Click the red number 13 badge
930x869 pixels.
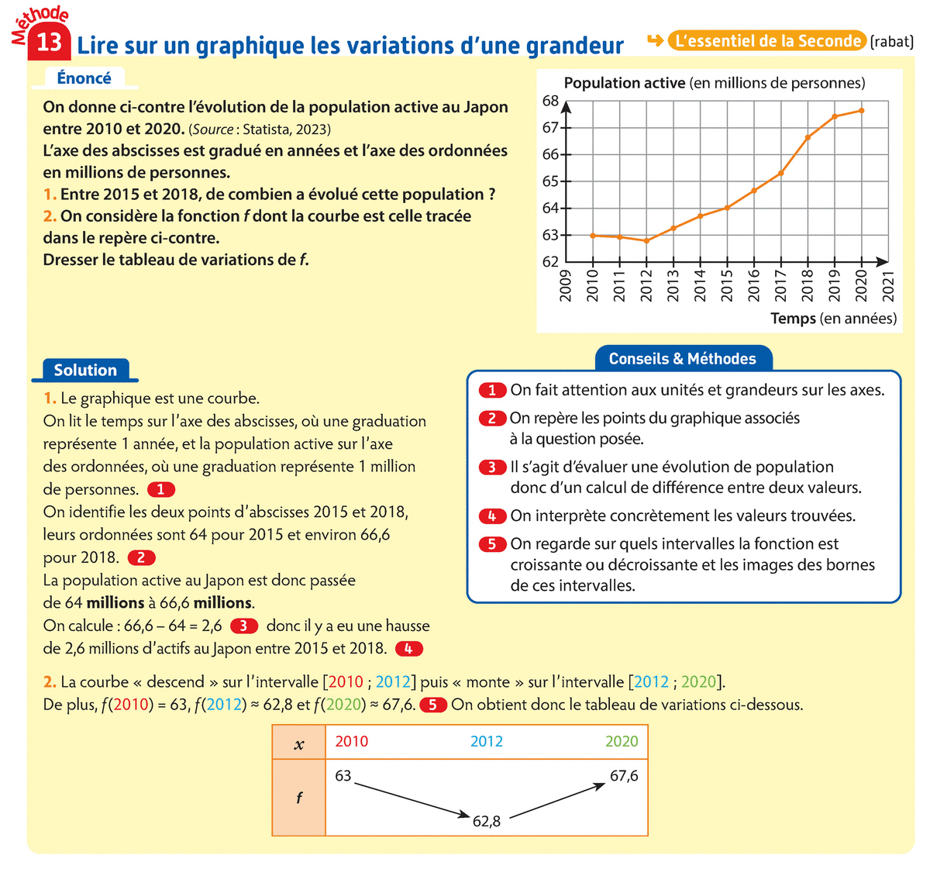click(x=48, y=42)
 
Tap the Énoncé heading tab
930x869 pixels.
click(x=84, y=78)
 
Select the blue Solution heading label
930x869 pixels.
click(x=85, y=370)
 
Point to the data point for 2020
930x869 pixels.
click(x=861, y=111)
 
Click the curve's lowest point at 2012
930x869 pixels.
click(x=646, y=240)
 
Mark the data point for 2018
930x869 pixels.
click(x=808, y=138)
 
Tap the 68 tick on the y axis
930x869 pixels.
click(x=550, y=101)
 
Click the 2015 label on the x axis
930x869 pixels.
click(x=727, y=286)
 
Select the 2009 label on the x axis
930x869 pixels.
click(x=566, y=286)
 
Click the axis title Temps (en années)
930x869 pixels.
click(x=833, y=319)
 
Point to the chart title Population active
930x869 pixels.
click(x=625, y=83)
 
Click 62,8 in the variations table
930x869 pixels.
click(x=487, y=821)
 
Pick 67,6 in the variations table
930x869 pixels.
click(x=624, y=775)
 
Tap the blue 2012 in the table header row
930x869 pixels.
click(x=487, y=741)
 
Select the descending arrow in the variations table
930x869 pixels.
click(x=412, y=799)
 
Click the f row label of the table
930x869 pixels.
click(x=299, y=797)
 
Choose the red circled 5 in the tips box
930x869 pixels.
click(x=492, y=544)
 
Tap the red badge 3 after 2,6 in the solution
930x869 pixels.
click(x=243, y=626)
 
